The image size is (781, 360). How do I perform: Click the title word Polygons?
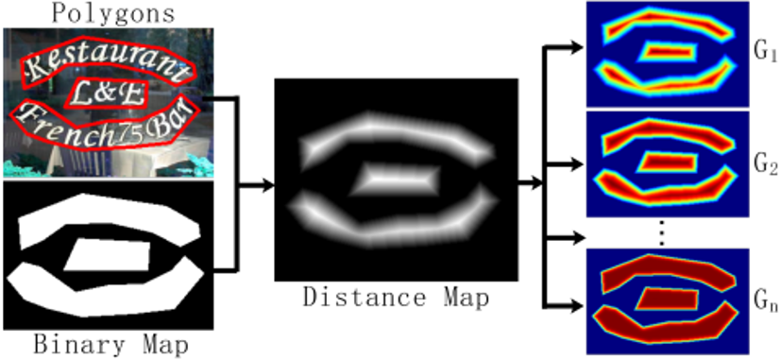[x=103, y=13]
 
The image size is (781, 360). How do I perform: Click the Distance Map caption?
[x=396, y=299]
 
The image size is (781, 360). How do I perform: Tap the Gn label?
[x=765, y=302]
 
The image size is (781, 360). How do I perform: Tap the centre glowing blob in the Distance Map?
[x=396, y=177]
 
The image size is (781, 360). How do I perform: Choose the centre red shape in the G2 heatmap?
[x=669, y=163]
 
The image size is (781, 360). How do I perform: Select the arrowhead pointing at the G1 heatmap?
[x=577, y=46]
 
